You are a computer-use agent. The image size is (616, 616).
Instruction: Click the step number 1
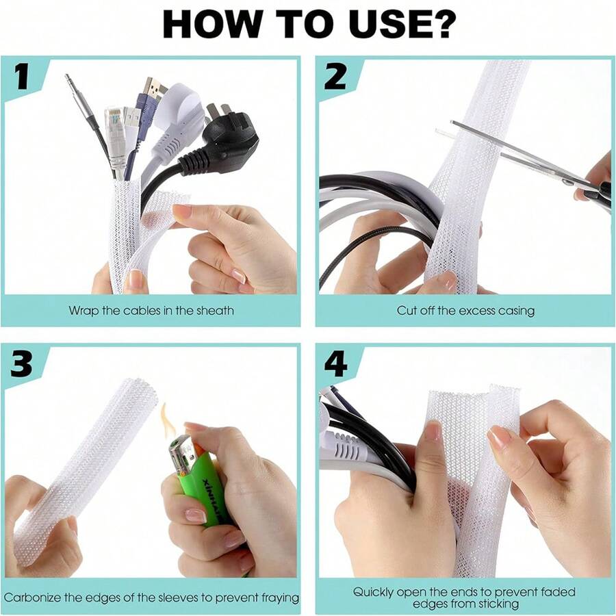23,77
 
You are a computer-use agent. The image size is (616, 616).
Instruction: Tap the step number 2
335,77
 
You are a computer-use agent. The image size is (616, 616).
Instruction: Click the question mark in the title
441,25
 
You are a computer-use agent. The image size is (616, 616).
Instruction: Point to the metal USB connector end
155,88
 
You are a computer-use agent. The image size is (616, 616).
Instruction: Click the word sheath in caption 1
214,310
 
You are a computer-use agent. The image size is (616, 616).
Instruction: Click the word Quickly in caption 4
374,591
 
